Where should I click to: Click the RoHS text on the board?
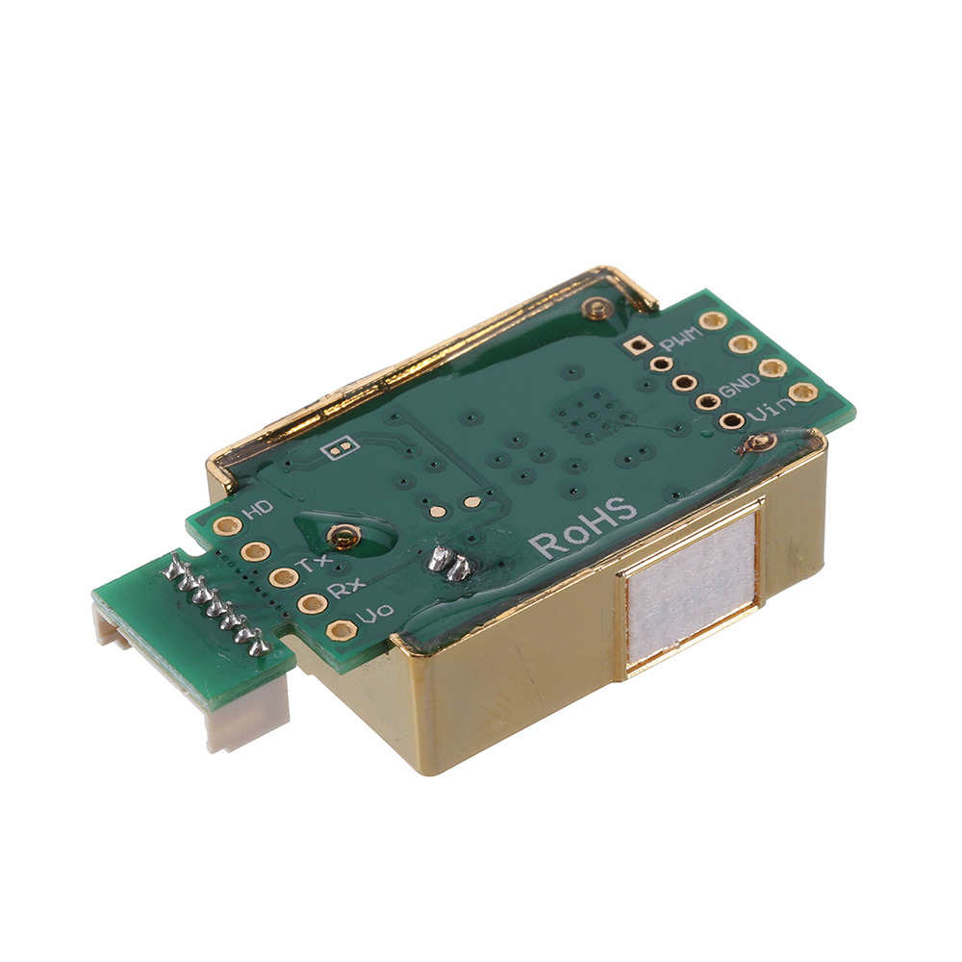coord(584,527)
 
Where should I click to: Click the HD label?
coord(258,509)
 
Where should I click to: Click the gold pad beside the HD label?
coord(227,525)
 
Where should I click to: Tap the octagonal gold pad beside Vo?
coord(341,631)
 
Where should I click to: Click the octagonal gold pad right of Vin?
coord(802,392)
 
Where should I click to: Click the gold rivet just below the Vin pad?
coord(761,443)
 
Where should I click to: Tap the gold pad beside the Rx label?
coord(312,604)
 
